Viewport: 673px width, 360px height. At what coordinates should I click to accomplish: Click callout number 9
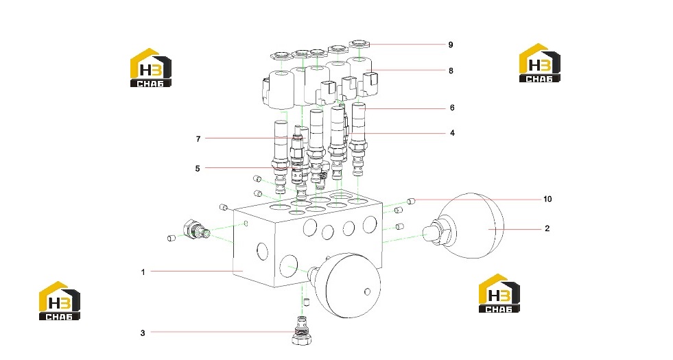pos(451,45)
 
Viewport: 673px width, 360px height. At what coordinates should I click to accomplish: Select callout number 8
pos(451,71)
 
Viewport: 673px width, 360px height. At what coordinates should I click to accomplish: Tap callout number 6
pos(452,108)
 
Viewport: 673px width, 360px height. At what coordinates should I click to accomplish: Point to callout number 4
pos(452,133)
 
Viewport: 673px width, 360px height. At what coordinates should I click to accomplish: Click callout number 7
pos(198,139)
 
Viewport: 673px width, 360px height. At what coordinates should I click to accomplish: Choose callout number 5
pos(198,169)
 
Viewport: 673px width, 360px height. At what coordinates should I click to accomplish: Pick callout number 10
pos(547,199)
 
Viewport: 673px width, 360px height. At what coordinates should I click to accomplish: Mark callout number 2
pos(547,229)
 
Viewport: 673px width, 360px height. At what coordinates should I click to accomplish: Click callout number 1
pos(143,272)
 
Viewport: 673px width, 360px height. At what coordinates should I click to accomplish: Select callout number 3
pos(143,333)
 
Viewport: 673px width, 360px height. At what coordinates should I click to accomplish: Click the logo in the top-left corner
pos(151,68)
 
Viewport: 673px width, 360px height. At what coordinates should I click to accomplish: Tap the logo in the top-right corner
pos(539,62)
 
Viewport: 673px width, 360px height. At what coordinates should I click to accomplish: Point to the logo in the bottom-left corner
pos(60,301)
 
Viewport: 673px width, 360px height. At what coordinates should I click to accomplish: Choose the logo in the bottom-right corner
pos(499,293)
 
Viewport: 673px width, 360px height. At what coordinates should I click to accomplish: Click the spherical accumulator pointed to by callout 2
pos(472,226)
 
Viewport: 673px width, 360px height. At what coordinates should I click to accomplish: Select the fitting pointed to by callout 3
pos(302,331)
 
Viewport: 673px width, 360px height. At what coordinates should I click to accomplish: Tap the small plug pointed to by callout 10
pos(411,200)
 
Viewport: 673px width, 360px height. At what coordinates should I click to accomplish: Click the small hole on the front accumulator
pos(367,292)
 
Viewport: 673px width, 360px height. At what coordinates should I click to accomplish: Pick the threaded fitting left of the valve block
pos(196,230)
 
